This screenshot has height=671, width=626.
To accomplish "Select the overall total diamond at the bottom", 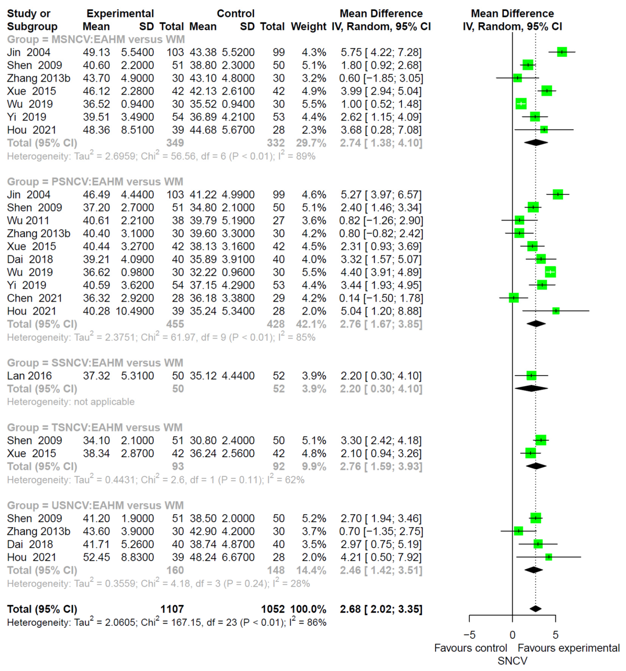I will coord(536,609).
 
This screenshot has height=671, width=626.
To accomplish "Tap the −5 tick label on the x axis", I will coord(469,635).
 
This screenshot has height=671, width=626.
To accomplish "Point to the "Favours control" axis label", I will coord(470,648).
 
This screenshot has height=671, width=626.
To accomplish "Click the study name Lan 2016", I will coord(29,376).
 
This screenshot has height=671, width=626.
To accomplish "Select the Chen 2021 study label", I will coord(34,298).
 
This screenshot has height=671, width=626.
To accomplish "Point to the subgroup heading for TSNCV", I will coord(95,427).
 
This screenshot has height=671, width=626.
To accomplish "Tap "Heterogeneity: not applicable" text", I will coord(71,402).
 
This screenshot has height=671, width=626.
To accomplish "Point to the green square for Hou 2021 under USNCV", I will coord(549,557).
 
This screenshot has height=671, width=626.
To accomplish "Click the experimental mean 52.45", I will coord(96,557).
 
